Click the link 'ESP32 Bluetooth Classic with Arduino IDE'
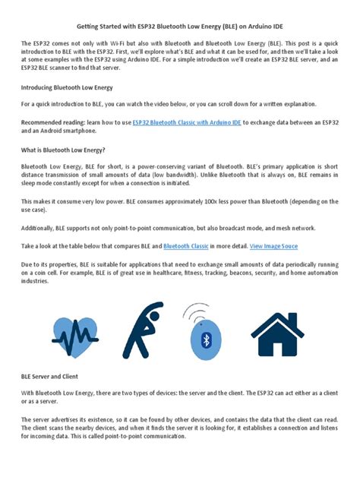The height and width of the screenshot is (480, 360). point(187,122)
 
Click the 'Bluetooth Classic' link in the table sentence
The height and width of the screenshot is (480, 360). point(188,246)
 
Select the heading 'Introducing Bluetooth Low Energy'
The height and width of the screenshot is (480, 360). point(67,87)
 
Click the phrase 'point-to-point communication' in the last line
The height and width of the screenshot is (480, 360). point(145,437)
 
